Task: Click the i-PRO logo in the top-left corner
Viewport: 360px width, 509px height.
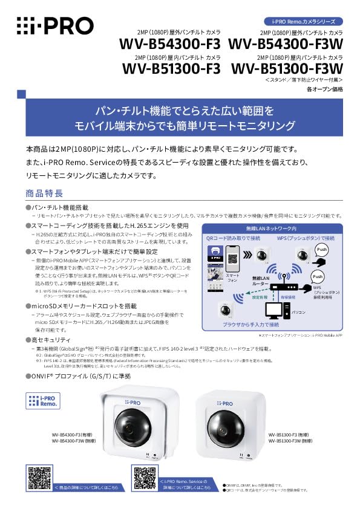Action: [54, 25]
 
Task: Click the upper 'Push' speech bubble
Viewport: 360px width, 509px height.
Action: [321, 249]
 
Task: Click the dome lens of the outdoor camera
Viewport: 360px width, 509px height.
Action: [131, 426]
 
